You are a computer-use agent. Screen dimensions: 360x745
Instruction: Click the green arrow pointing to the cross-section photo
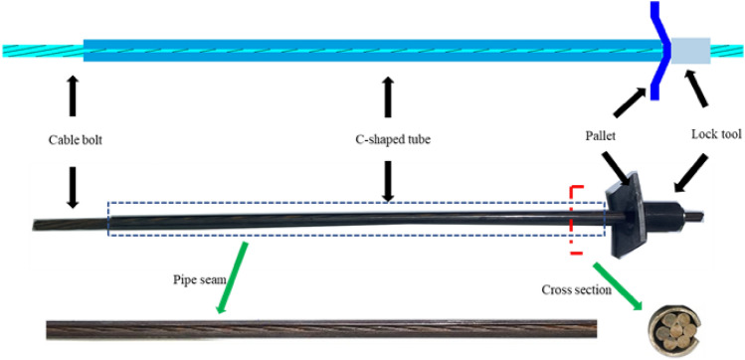click(612, 280)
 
